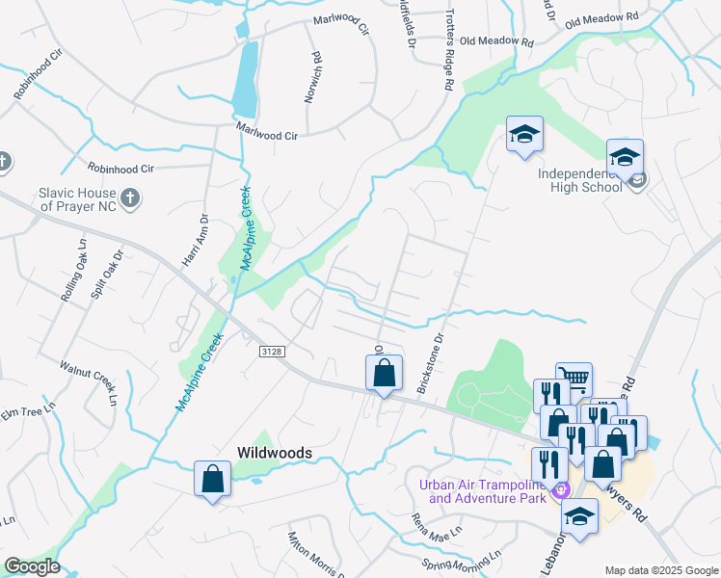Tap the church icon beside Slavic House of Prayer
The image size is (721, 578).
pyautogui.click(x=133, y=199)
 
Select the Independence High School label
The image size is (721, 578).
pyautogui.click(x=579, y=180)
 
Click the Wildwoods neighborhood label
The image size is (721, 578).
pyautogui.click(x=272, y=452)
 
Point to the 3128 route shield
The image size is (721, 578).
pyautogui.click(x=272, y=353)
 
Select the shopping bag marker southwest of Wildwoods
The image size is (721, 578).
pyautogui.click(x=212, y=479)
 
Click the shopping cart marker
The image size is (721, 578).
pyautogui.click(x=574, y=379)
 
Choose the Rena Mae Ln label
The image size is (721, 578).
pyautogui.click(x=438, y=527)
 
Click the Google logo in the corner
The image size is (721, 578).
pyautogui.click(x=32, y=566)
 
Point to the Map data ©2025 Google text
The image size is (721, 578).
pyautogui.click(x=661, y=570)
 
